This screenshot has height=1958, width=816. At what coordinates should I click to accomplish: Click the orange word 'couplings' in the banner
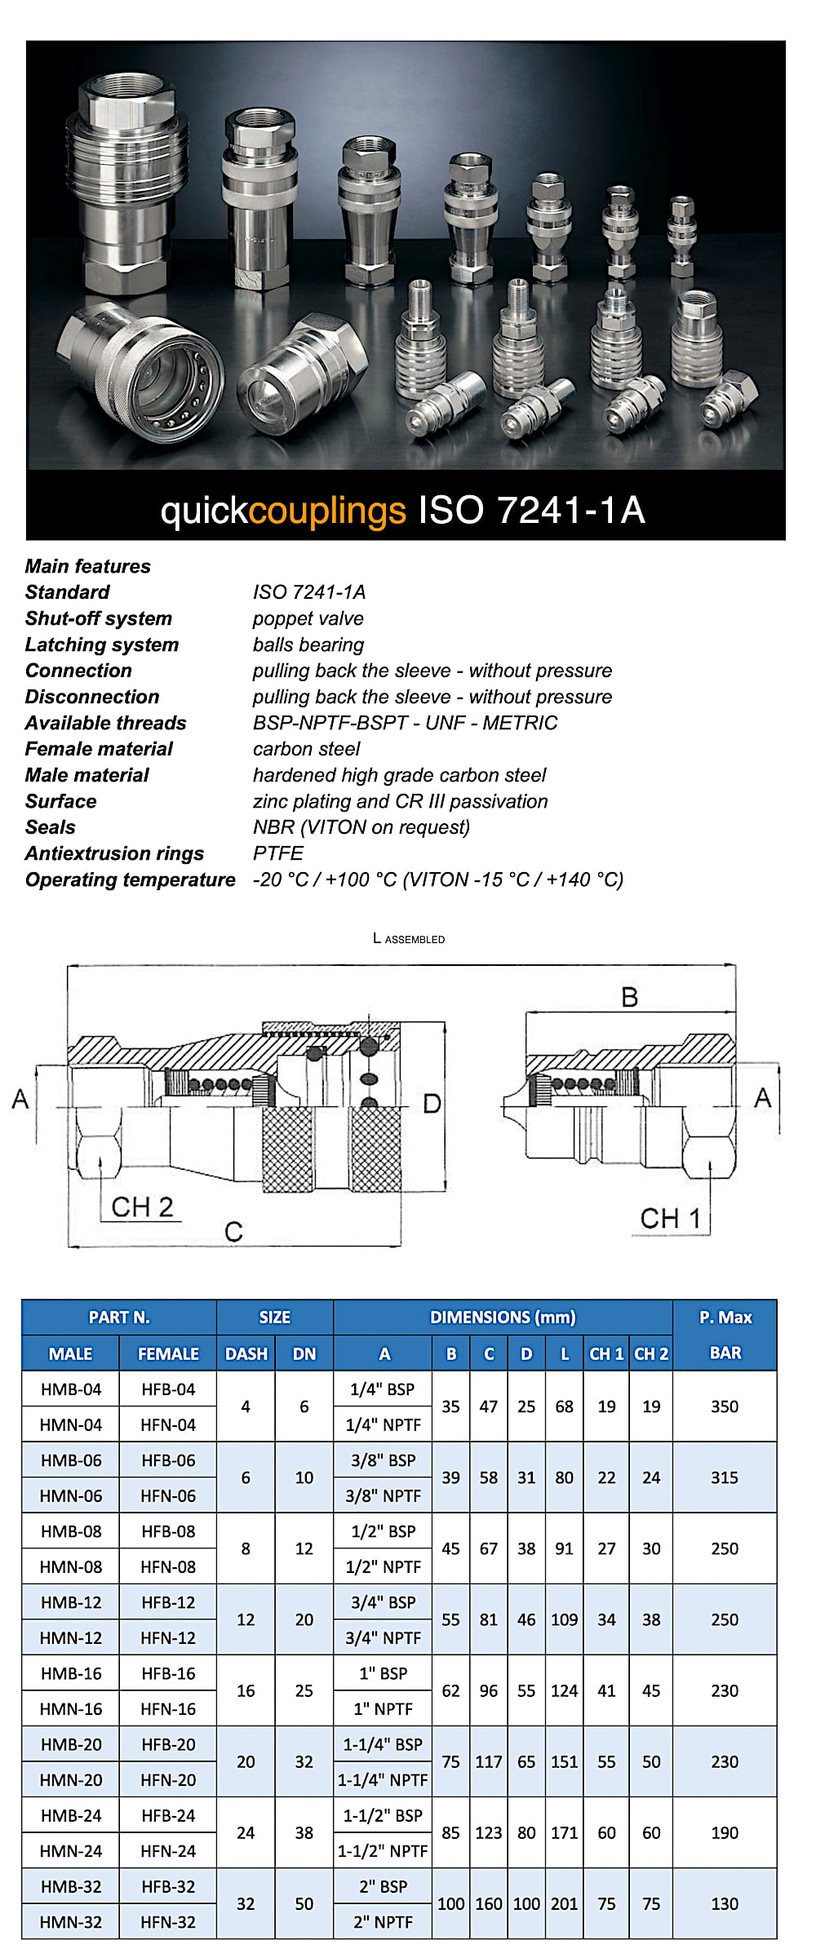pos(327,511)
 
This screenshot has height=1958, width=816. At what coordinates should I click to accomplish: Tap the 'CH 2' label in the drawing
pos(142,1207)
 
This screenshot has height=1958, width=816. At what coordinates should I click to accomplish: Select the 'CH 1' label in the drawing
pos(670,1218)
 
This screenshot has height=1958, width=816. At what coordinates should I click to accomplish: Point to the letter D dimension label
pos(432,1104)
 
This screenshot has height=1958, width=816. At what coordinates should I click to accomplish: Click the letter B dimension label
pos(629,997)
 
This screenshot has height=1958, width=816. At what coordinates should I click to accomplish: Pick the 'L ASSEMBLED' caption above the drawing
pos(409,939)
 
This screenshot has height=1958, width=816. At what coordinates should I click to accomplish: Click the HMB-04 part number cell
pos(71,1389)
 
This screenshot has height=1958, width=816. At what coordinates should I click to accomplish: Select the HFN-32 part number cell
pos(168,1922)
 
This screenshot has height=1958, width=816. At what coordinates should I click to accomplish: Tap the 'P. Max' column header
pos(725,1318)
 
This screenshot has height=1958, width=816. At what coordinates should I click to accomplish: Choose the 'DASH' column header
pos(246,1353)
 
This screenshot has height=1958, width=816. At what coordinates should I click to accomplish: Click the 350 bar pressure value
pos(725,1406)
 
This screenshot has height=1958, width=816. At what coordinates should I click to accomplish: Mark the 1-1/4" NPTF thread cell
pos(383,1780)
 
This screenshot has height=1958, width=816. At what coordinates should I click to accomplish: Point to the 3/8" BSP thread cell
pos(383,1460)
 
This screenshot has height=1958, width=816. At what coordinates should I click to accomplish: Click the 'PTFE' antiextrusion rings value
pos(278,853)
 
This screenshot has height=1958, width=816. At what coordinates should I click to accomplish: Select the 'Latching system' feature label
pos(102,645)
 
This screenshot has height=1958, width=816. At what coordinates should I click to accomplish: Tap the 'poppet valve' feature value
pos(308,618)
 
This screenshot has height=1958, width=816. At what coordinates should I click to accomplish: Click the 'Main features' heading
pos(88,566)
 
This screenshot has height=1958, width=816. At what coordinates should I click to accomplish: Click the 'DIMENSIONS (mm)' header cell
pos(503,1318)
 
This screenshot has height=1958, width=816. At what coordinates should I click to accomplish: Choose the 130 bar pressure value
pos(725,1904)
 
